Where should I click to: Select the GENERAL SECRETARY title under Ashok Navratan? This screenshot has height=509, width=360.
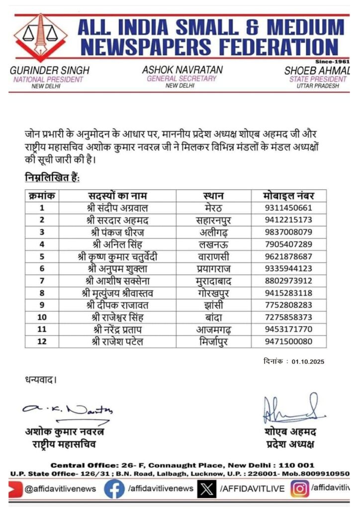click(x=181, y=79)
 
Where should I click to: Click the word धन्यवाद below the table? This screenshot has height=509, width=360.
click(x=41, y=380)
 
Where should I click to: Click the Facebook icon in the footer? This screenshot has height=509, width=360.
click(x=114, y=489)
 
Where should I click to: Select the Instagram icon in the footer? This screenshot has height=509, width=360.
click(x=299, y=489)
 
